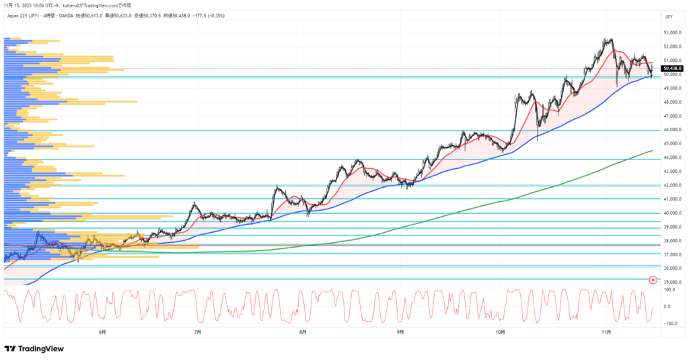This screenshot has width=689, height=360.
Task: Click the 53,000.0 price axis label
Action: [673, 32]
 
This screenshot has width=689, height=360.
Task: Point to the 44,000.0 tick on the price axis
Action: [673, 157]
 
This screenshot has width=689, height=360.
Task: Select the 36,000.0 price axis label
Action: [673, 268]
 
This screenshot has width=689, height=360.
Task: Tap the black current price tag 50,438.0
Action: [672, 69]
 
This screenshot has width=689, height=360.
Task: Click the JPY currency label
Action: [669, 16]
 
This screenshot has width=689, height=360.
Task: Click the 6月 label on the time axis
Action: [102, 332]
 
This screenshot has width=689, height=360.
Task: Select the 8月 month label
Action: [303, 332]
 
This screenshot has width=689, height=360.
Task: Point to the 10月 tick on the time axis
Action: [500, 332]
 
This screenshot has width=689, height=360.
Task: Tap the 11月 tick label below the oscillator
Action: [606, 332]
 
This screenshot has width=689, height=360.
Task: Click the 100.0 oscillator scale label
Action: [669, 290]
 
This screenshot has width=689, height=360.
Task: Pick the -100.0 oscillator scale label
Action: [669, 323]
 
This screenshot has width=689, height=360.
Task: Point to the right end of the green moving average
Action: [653, 151]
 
